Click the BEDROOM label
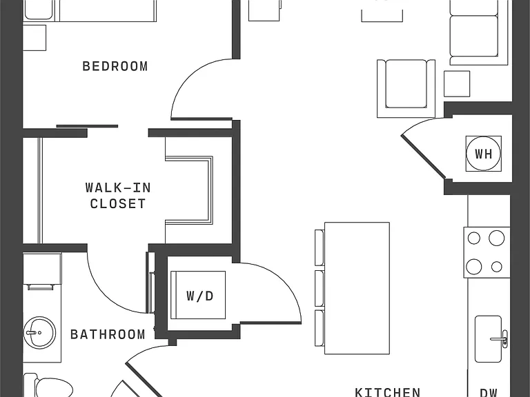click(115, 66)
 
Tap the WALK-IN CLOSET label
click(118, 196)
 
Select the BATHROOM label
click(108, 334)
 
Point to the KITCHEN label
click(388, 392)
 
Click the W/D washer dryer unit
click(198, 295)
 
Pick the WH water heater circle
click(483, 154)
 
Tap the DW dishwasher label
click(489, 393)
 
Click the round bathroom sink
click(39, 332)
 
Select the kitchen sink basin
click(488, 339)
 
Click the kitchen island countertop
click(357, 288)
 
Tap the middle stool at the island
click(320, 288)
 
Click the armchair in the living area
click(406, 88)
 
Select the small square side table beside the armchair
click(457, 83)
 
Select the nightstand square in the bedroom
click(35, 38)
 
